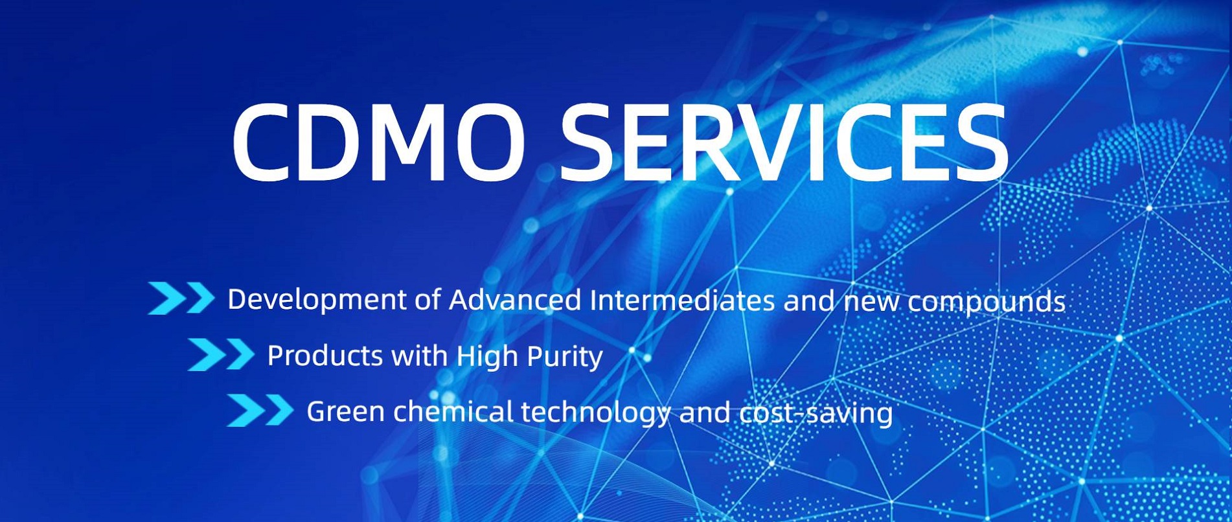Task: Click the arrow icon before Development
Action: coord(181,299)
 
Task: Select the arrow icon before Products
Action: coord(221,355)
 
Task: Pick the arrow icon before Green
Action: coord(260,411)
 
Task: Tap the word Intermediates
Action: coord(683,300)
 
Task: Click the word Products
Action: coord(325,356)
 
